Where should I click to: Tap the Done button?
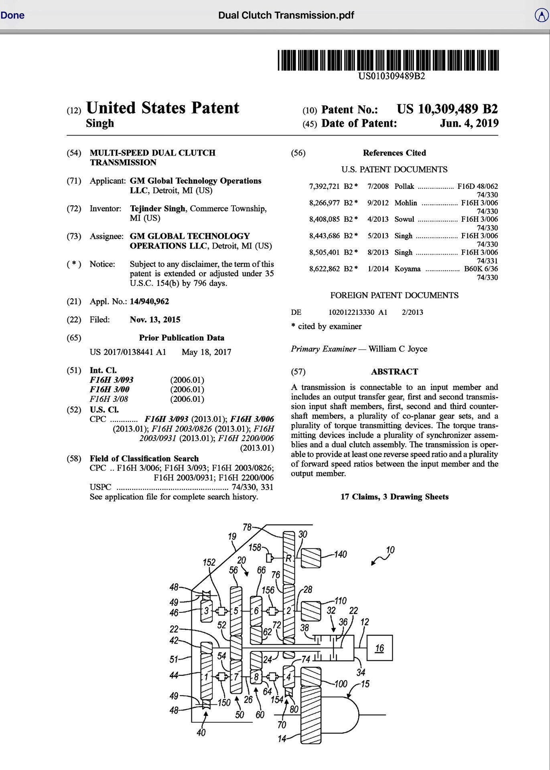tap(12, 15)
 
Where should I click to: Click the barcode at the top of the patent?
tap(388, 60)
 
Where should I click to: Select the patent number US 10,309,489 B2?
tap(447, 109)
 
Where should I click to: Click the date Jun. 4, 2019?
tap(469, 123)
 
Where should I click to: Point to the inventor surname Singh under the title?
tap(100, 123)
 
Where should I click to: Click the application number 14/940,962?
tap(149, 302)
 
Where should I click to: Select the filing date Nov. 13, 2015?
tap(155, 320)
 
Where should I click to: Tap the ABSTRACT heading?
tap(394, 372)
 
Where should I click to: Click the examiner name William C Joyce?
tap(398, 349)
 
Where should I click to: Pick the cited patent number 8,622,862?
tap(325, 269)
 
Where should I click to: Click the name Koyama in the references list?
tap(408, 269)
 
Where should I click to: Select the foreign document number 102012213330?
tap(351, 312)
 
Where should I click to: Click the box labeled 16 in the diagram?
tap(379, 648)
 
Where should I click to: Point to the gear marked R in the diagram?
tap(288, 558)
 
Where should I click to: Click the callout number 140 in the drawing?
tap(340, 554)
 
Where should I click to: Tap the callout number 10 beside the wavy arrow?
tap(390, 550)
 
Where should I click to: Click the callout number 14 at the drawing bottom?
tap(282, 739)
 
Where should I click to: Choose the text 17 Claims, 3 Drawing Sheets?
tap(394, 497)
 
